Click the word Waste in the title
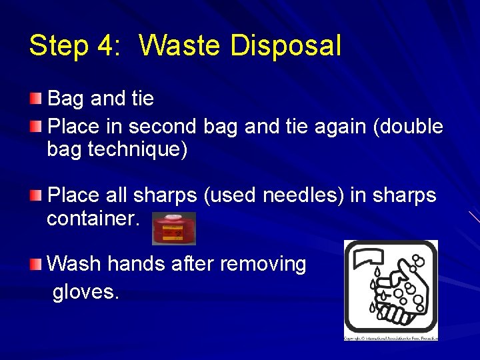[x=181, y=46]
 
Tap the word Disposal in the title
[x=285, y=46]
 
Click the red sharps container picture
[x=173, y=229]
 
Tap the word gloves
[x=86, y=292]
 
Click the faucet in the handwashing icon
[x=371, y=257]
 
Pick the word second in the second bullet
[x=162, y=126]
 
